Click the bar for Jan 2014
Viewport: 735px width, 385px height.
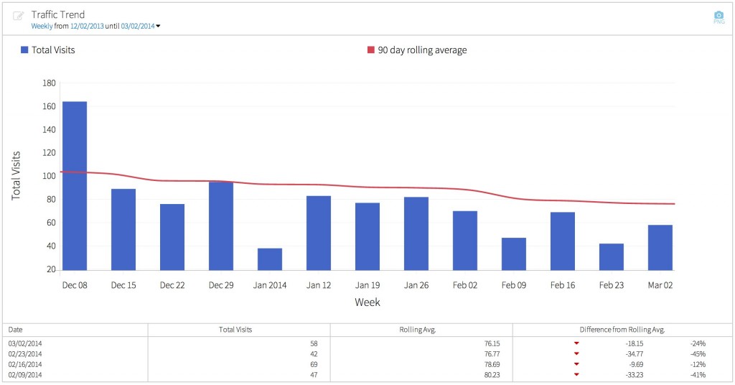[x=270, y=259]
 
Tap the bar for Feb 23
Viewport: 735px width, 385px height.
[x=612, y=256]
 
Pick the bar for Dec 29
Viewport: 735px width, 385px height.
[x=221, y=226]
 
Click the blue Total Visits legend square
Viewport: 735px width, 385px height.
[x=24, y=50]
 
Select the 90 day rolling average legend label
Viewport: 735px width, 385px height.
[x=422, y=50]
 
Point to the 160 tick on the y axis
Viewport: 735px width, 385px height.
[x=50, y=106]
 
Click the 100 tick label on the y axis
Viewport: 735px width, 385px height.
[x=50, y=176]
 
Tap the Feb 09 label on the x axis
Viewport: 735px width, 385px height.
[x=514, y=285]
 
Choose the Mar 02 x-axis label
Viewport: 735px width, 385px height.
[x=660, y=285]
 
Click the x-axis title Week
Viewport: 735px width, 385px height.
[x=367, y=302]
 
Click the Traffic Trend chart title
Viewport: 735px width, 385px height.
[x=57, y=14]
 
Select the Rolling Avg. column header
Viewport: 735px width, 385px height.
[x=421, y=330]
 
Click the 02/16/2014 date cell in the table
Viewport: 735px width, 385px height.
[x=25, y=364]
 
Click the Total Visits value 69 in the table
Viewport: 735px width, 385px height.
[x=313, y=364]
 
